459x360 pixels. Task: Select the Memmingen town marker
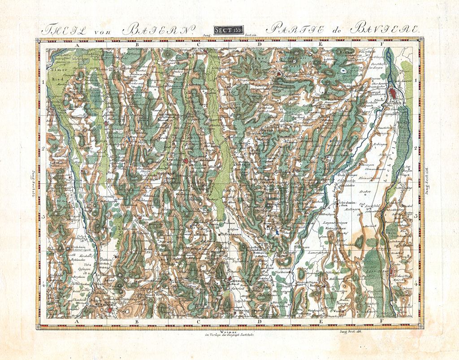109,309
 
